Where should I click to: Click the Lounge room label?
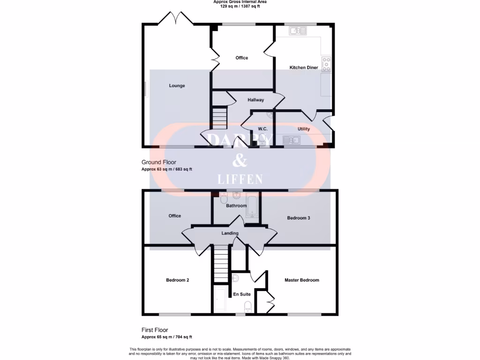pos(177,86)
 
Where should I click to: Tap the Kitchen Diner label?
pos(304,67)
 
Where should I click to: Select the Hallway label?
pos(256,100)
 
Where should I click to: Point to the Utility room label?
pos(304,129)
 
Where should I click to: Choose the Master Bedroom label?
pos(302,280)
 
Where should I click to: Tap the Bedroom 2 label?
pos(178,280)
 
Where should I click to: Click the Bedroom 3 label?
pos(299,218)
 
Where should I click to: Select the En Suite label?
pos(242,294)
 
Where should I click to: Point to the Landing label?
pos(230,233)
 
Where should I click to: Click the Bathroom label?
pos(236,206)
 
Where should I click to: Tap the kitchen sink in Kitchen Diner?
pos(298,31)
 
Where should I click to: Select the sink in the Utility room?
pos(292,140)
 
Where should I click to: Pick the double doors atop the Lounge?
pos(175,19)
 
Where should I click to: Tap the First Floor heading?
pos(155,330)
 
